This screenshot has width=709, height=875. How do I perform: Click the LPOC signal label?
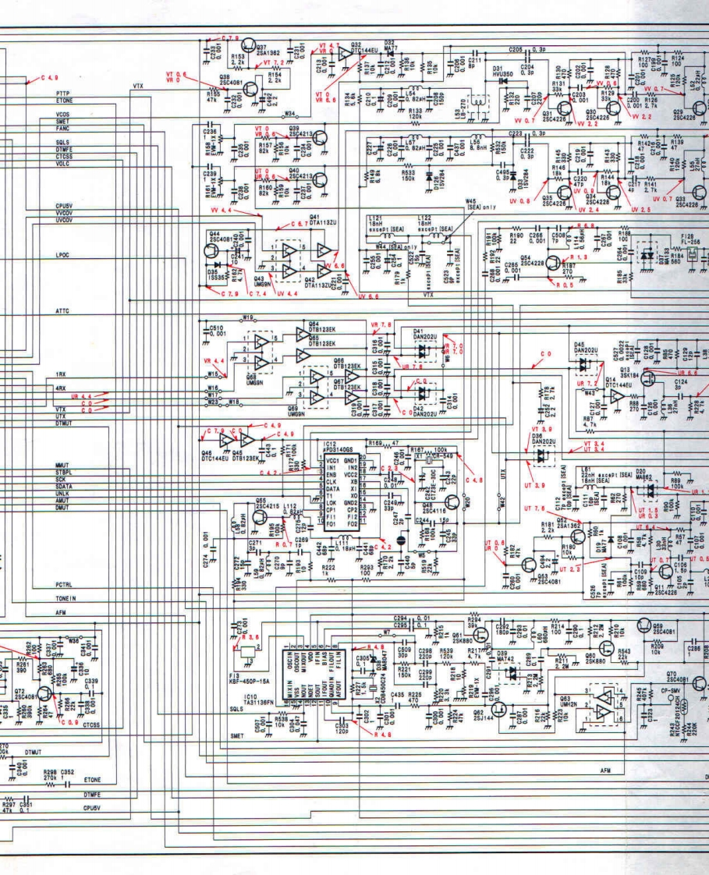63,255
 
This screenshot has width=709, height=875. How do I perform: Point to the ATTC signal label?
63,311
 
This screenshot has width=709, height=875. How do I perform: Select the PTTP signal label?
63,93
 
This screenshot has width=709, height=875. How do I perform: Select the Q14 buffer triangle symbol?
615,396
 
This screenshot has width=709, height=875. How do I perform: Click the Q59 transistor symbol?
645,625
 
